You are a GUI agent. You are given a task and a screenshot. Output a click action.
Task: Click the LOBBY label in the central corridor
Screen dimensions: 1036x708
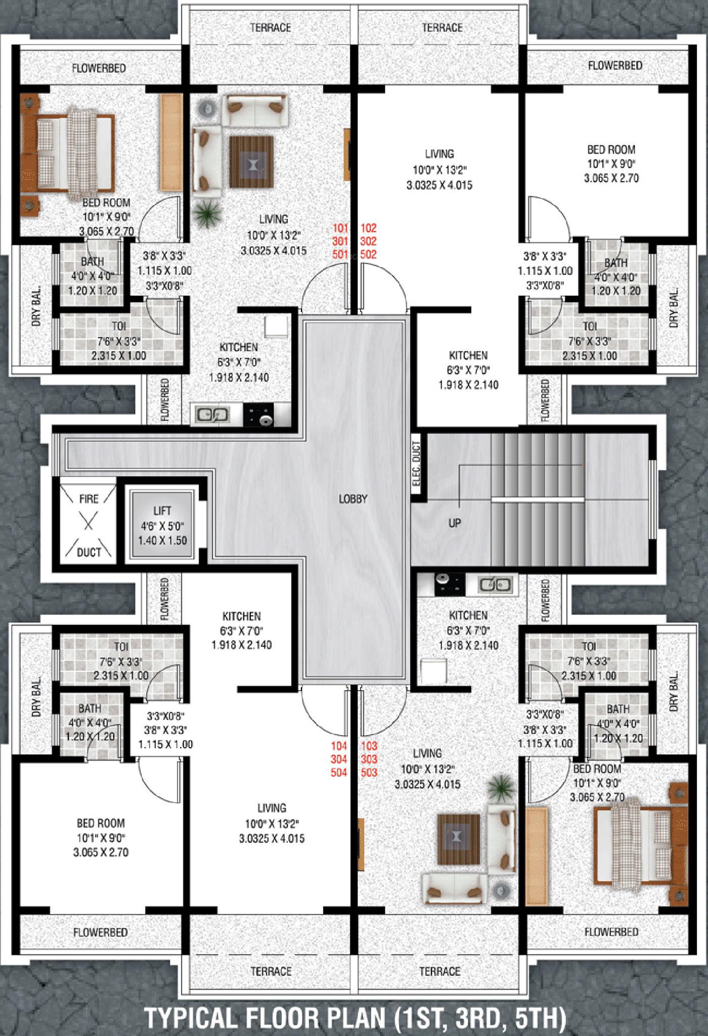pyautogui.click(x=353, y=499)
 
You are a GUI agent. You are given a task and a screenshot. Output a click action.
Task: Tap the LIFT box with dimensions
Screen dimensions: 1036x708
pyautogui.click(x=162, y=524)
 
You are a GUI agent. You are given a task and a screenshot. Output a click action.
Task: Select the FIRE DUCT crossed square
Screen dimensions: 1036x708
pyautogui.click(x=88, y=524)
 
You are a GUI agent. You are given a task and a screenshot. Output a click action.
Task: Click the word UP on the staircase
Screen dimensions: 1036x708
pyautogui.click(x=455, y=523)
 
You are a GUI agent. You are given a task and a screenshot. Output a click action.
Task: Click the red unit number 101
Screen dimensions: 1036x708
pyautogui.click(x=340, y=228)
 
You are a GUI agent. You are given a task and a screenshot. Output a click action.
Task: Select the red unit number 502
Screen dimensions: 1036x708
pyautogui.click(x=369, y=254)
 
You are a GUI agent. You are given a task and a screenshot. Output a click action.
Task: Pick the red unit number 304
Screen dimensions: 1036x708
pyautogui.click(x=339, y=758)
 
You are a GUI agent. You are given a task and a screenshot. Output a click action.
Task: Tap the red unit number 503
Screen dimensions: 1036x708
pyautogui.click(x=369, y=772)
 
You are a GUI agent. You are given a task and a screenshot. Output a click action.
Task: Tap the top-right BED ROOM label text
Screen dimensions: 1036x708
pyautogui.click(x=611, y=150)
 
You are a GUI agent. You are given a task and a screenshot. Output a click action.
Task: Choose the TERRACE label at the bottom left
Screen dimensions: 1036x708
pyautogui.click(x=271, y=971)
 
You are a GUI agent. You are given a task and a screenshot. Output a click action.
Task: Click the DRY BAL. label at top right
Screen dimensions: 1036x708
pyautogui.click(x=674, y=308)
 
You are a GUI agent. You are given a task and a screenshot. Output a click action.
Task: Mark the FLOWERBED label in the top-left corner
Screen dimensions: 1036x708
pyautogui.click(x=99, y=68)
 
